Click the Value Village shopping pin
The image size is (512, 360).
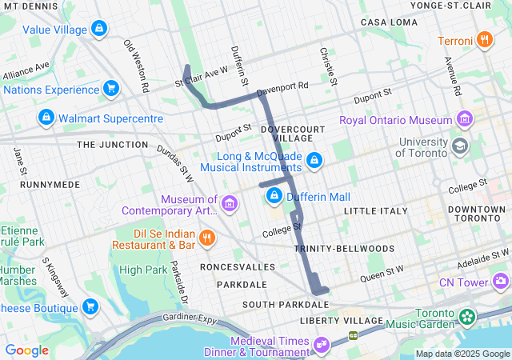pos(98,30)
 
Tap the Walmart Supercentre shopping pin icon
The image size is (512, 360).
pos(46,118)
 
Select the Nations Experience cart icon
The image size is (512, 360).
pos(111,88)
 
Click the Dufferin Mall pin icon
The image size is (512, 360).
pos(274,195)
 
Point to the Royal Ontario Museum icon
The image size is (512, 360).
pos(465,120)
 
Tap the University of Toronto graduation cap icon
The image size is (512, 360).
pos(460,146)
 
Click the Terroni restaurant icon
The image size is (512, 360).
pos(484,39)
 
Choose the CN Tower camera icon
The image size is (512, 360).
pos(501,282)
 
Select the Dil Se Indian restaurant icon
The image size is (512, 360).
pos(206,237)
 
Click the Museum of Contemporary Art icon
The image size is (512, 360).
pos(230,205)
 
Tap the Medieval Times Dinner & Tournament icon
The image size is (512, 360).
pos(321,346)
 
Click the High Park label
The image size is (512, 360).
pos(141,270)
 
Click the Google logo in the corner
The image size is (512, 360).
pos(26,350)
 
